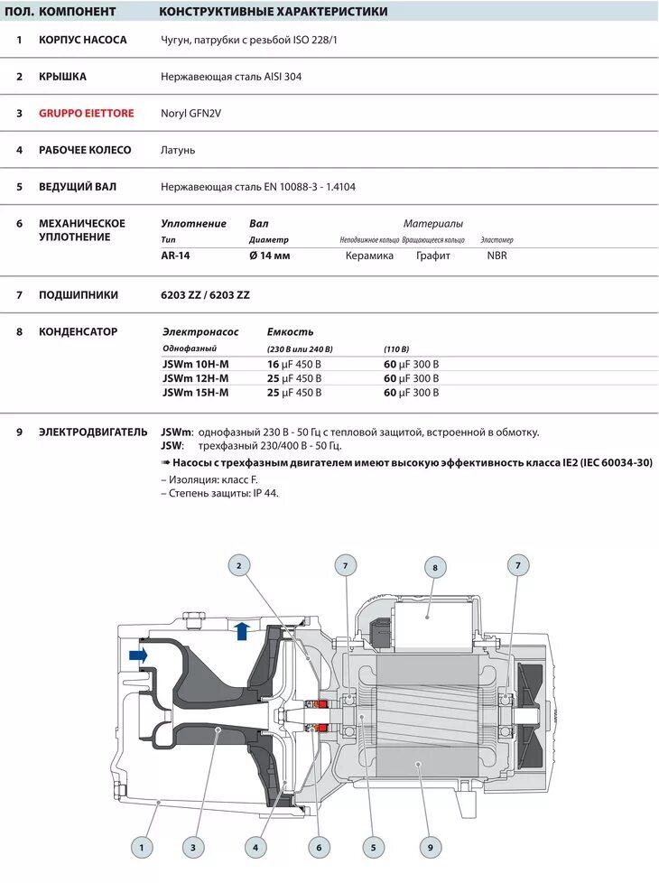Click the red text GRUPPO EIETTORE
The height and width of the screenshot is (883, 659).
[x=86, y=113]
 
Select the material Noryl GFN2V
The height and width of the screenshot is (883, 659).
[x=190, y=114]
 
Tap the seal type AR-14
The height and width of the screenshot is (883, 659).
[x=175, y=256]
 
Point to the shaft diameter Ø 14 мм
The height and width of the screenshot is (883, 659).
[x=269, y=256]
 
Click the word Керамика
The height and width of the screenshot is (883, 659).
[x=369, y=256]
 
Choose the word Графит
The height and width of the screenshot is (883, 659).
[x=432, y=256]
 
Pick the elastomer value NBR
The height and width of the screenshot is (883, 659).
[x=497, y=256]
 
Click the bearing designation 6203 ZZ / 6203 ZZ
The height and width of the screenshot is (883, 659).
[x=205, y=294]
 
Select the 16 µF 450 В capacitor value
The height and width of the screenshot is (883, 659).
[x=293, y=364]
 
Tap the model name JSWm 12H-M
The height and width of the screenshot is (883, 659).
[x=195, y=378]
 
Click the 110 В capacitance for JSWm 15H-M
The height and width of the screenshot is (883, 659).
[x=411, y=393]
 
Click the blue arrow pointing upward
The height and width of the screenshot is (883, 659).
[x=242, y=629]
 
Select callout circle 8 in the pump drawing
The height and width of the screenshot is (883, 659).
[x=434, y=568]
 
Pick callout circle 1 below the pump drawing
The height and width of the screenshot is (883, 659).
[x=141, y=847]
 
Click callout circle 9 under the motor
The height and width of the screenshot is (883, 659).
[x=430, y=847]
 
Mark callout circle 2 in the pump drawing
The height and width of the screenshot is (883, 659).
[x=238, y=566]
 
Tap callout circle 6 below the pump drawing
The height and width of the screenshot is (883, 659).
[x=317, y=847]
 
